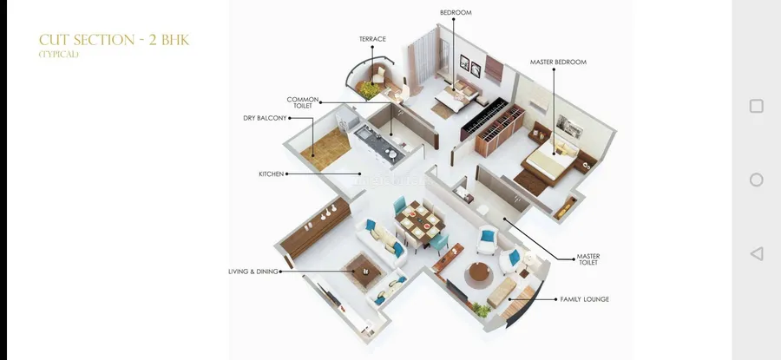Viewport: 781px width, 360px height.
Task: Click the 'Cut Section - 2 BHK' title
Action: (114, 40)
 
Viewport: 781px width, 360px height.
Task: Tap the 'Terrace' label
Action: (372, 39)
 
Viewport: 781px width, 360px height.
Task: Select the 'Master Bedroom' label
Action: (558, 62)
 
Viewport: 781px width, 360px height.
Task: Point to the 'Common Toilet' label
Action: (302, 102)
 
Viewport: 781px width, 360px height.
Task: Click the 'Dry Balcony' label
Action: (265, 118)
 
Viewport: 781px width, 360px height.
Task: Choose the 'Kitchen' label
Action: (272, 174)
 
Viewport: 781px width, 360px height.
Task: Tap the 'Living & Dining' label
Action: (253, 272)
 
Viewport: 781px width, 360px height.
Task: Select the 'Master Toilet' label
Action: (588, 259)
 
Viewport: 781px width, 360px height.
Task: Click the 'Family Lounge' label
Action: (585, 299)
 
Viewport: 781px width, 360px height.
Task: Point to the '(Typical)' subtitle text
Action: (59, 55)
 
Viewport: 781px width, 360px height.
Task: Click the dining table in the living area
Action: (421, 223)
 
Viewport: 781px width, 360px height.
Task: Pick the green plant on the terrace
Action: (370, 89)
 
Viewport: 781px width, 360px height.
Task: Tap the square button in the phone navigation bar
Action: (756, 106)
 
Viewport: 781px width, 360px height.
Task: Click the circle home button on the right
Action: (756, 180)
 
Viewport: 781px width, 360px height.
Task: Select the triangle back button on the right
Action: (756, 253)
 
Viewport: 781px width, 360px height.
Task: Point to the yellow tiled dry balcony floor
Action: (325, 147)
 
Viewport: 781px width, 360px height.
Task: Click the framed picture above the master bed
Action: (570, 126)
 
